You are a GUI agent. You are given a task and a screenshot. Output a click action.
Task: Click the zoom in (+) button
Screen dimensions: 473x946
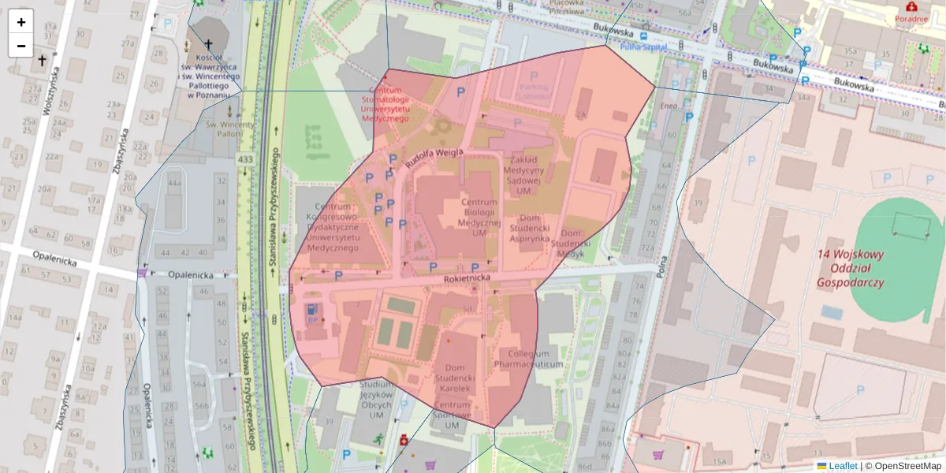pyautogui.click(x=20, y=22)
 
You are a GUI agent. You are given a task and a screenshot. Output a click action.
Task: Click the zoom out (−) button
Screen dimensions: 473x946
pyautogui.click(x=20, y=46)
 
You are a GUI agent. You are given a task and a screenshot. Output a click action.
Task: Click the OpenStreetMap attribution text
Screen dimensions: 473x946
pyautogui.click(x=908, y=466)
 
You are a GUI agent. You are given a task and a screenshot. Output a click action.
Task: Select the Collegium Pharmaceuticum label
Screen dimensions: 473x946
pyautogui.click(x=528, y=359)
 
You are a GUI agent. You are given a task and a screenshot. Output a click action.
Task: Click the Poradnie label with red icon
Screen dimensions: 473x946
pyautogui.click(x=911, y=18)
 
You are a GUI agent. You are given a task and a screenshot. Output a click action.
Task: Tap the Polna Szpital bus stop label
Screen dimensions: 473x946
pyautogui.click(x=643, y=47)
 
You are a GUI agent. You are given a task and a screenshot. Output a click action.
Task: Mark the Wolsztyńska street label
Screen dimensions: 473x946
pyautogui.click(x=50, y=91)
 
